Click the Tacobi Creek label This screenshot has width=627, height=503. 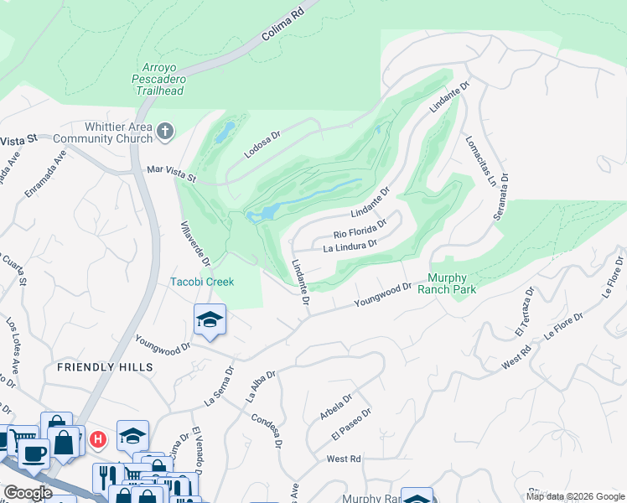point(202,282)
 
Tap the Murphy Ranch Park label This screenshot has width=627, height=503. point(452,284)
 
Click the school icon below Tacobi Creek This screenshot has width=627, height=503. point(210,319)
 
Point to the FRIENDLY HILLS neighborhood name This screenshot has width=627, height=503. point(105,367)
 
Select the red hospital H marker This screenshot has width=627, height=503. point(98,438)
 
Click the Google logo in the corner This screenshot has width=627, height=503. point(28,493)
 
